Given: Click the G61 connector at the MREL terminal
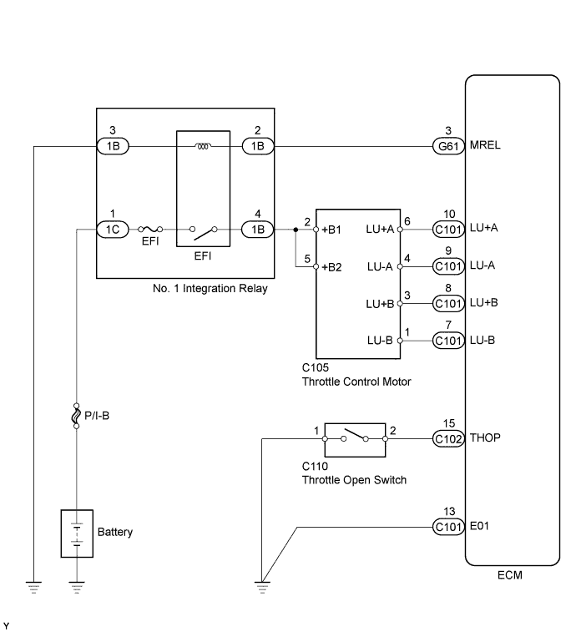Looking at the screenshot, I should [447, 145].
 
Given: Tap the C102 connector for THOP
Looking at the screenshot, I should [447, 437].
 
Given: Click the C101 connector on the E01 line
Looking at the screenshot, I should [447, 527].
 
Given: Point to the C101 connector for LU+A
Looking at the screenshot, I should [447, 228].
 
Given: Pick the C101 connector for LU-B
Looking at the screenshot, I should [447, 340].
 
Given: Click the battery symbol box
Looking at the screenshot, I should [76, 533].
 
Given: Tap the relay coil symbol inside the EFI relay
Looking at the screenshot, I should [201, 146].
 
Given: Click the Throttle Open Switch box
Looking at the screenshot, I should [354, 437].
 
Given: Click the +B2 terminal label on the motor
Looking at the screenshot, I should [332, 268].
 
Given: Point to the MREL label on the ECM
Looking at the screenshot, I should [486, 145].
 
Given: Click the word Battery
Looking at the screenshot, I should [115, 532].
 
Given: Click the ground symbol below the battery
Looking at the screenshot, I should [76, 587].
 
